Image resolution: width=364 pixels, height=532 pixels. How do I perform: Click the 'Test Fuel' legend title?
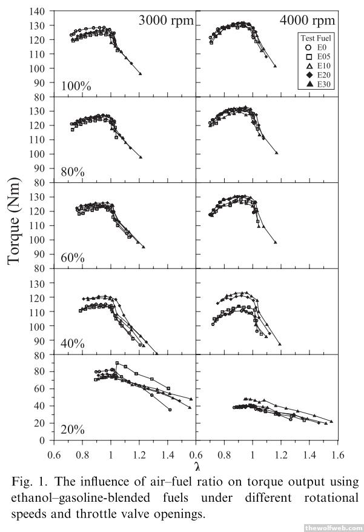[315, 36]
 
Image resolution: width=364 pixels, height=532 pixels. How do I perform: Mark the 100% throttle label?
[76, 87]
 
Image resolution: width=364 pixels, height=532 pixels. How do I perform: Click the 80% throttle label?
[73, 172]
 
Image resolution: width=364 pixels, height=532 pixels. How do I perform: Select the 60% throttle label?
[73, 258]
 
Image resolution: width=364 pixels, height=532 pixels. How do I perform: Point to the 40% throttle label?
[73, 344]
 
